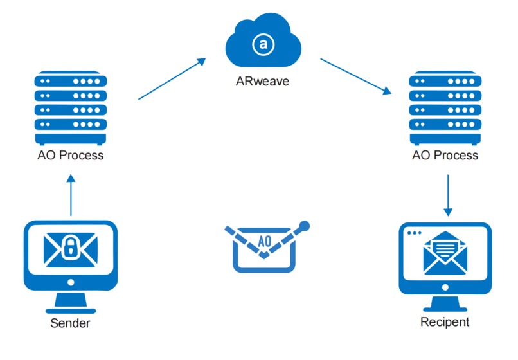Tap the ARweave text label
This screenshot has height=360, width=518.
(262, 82)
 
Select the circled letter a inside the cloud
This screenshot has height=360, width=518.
(262, 44)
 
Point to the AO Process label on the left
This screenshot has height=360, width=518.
(70, 156)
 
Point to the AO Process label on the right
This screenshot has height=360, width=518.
(446, 156)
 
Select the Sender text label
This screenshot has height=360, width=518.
(70, 323)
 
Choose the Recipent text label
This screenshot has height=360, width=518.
(445, 322)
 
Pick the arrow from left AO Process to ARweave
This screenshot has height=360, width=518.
(172, 79)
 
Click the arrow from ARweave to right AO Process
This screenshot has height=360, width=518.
(356, 76)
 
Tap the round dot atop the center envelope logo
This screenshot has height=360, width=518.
(305, 226)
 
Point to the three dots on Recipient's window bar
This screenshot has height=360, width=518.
(415, 232)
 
